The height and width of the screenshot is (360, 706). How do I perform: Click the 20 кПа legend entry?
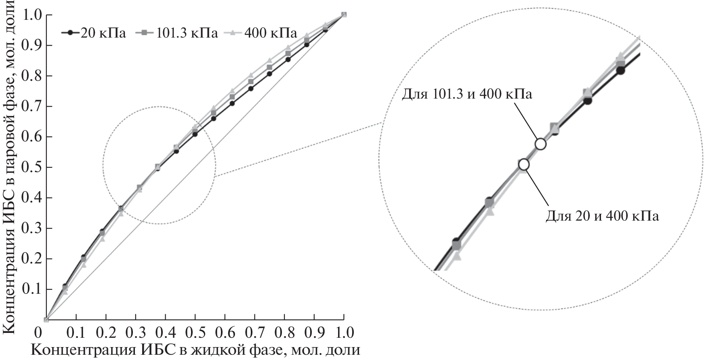94,32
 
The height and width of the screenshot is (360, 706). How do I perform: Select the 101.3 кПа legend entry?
179,32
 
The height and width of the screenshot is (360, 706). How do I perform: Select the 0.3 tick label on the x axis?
136,333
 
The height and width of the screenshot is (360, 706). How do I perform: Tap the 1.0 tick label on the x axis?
344,333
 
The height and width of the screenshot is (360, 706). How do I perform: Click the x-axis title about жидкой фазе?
195,349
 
